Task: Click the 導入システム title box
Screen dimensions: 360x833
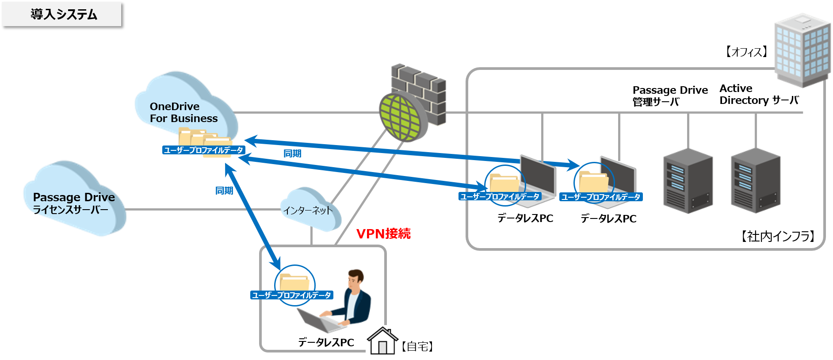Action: (x=61, y=14)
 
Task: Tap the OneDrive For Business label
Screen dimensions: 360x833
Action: (x=183, y=112)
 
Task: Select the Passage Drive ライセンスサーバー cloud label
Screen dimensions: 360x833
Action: (x=73, y=203)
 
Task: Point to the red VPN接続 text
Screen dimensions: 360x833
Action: (x=383, y=234)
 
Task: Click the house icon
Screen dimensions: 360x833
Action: (x=382, y=341)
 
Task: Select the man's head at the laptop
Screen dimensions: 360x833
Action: (x=355, y=279)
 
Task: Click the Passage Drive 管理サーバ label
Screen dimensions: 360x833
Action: (x=669, y=96)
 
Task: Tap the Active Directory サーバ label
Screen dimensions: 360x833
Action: (x=759, y=94)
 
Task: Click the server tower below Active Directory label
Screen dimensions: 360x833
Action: (x=755, y=181)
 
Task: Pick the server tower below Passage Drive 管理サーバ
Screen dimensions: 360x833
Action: (x=688, y=181)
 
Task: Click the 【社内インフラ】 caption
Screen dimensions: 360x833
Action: (x=778, y=236)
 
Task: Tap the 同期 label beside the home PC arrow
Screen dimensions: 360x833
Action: (x=224, y=191)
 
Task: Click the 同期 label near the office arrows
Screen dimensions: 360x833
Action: (x=292, y=153)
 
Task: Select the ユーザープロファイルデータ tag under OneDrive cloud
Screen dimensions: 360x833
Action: (x=203, y=150)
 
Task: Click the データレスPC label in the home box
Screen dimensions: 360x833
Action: (x=326, y=342)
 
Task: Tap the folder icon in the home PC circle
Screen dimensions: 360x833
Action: (x=294, y=282)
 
